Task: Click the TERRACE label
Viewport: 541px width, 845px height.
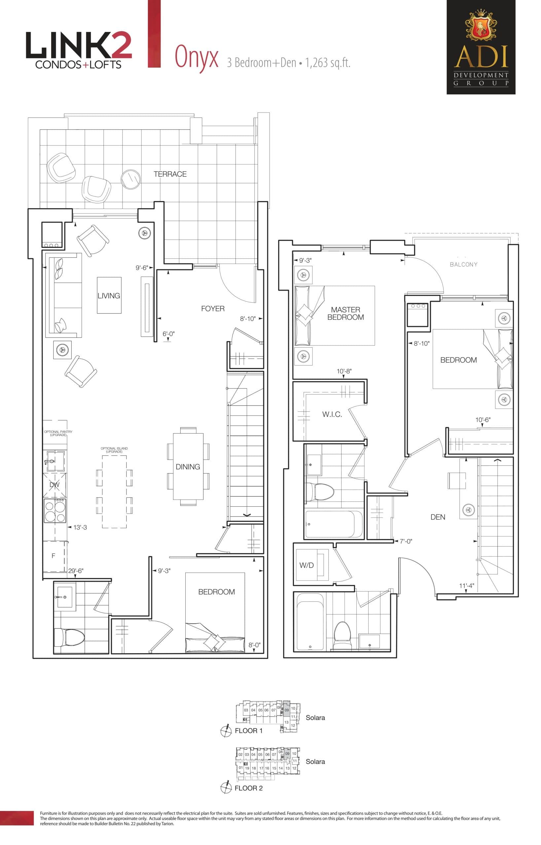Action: (170, 174)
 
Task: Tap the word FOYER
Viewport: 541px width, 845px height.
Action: (213, 309)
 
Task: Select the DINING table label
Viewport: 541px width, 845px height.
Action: (188, 466)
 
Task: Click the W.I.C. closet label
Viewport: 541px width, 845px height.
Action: (332, 414)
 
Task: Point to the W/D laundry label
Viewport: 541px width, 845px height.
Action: (306, 565)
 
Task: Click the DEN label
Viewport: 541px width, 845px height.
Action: (438, 517)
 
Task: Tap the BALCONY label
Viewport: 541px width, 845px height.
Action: (463, 265)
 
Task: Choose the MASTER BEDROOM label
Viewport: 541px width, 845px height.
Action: (345, 314)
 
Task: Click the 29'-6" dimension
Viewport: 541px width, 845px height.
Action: (76, 571)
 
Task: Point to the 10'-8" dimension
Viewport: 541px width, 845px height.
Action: (344, 371)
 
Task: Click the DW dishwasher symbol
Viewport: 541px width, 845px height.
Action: (54, 485)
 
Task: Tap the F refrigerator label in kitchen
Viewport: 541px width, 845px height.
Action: (54, 556)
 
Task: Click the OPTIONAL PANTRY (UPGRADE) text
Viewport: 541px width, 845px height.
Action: (58, 433)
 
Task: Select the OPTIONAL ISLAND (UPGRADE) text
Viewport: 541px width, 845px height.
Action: (114, 450)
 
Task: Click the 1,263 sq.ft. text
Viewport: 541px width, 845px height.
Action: (327, 63)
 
